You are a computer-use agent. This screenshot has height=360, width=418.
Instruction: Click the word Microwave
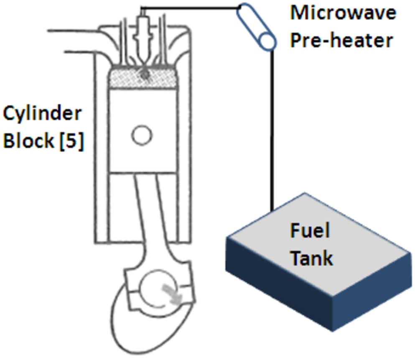(x=343, y=13)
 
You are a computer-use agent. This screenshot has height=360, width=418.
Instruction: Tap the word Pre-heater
(x=342, y=40)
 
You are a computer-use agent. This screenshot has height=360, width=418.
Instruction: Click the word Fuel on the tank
(x=310, y=230)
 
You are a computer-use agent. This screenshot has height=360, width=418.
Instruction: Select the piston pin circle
(x=142, y=135)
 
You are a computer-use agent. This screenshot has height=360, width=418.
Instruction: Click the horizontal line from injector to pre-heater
(x=190, y=8)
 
